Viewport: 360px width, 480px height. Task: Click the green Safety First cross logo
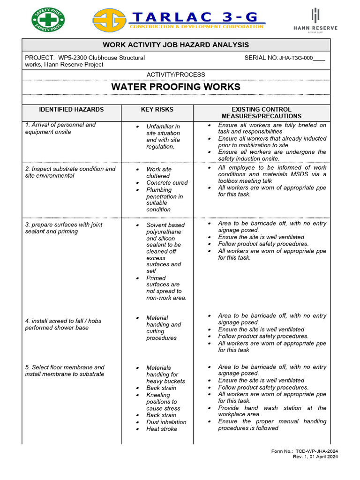(48, 20)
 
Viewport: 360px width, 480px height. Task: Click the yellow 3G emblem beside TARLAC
(109, 21)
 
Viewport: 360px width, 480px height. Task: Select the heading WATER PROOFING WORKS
(176, 87)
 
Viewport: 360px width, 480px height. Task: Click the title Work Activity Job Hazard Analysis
(176, 45)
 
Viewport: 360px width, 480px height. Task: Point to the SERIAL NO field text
(285, 58)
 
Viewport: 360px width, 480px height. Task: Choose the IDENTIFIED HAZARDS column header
(71, 110)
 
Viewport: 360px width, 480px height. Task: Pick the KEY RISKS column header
(157, 110)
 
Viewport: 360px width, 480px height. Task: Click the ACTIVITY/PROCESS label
(176, 75)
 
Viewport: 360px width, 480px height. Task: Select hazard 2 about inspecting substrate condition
(70, 172)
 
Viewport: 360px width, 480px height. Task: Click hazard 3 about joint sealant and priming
(64, 228)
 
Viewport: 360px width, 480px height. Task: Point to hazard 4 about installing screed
(63, 324)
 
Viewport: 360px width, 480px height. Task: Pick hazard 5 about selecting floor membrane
(65, 370)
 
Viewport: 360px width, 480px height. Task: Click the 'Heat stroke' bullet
(161, 428)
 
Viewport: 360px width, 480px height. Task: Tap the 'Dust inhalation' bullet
(166, 422)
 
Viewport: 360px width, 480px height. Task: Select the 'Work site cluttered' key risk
(158, 172)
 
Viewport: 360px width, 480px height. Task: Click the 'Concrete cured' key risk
(167, 183)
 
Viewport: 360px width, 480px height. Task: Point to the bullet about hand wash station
(272, 411)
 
